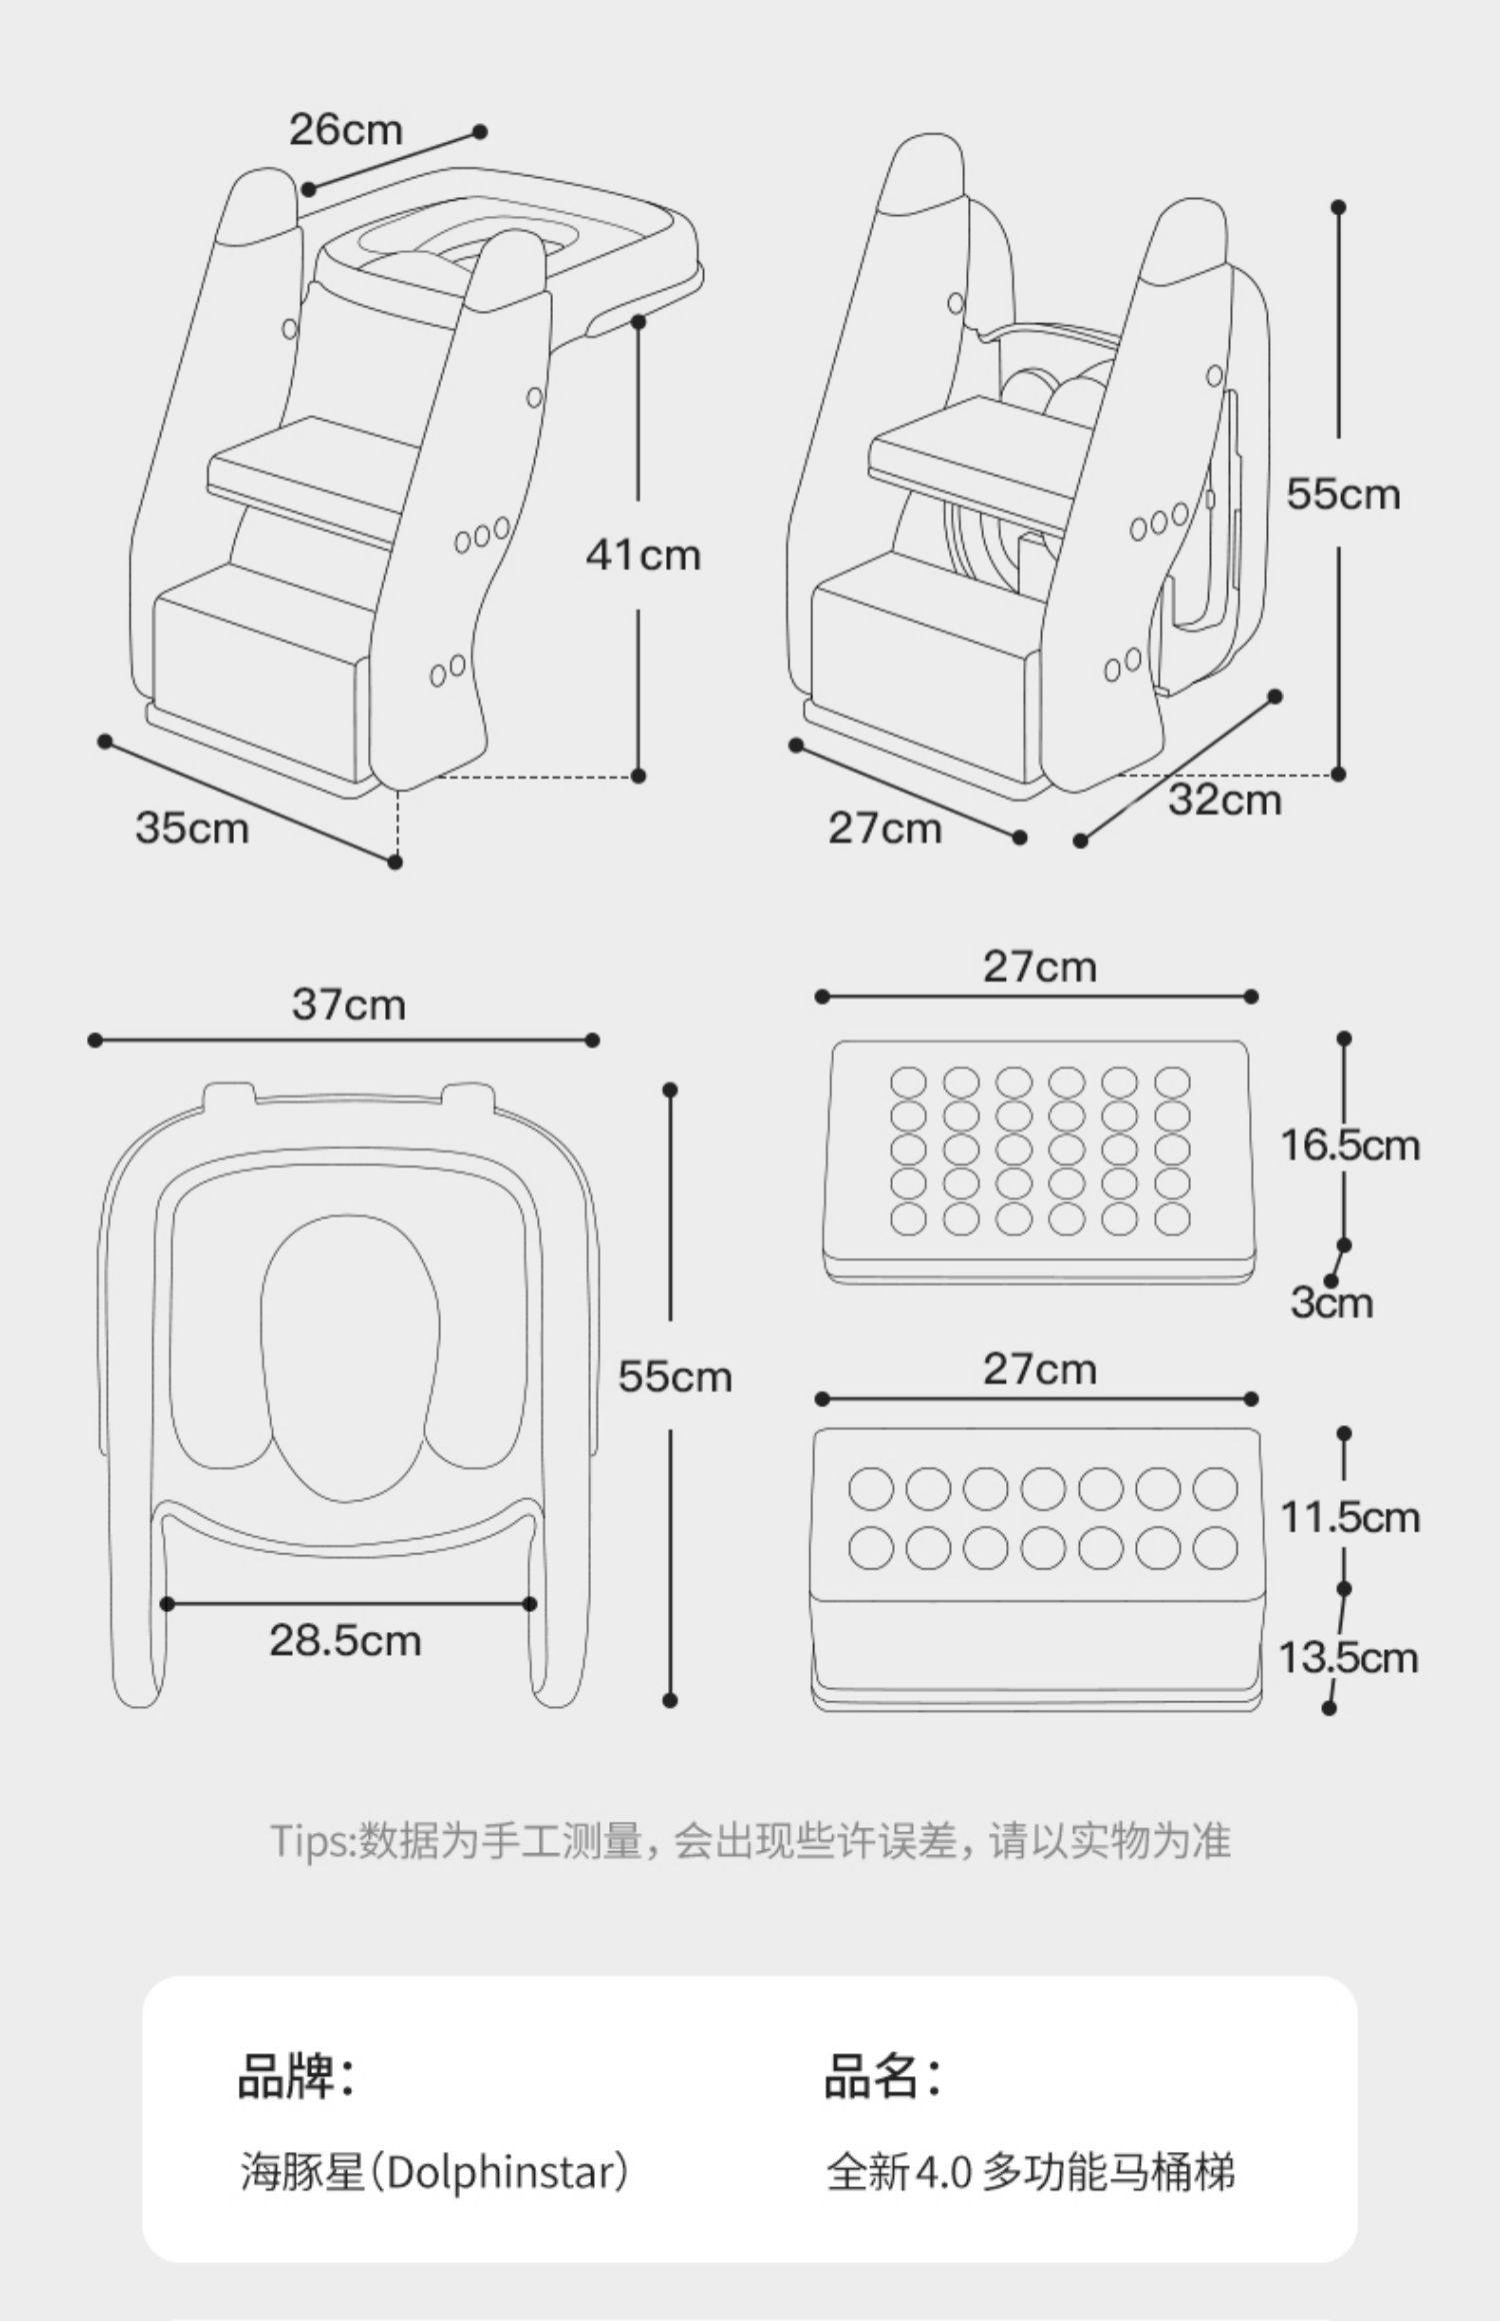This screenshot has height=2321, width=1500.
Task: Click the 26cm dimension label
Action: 345,130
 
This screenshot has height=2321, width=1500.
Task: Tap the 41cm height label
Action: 643,555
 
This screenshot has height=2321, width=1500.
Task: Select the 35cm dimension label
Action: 192,828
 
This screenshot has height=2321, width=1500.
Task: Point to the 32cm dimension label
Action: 1224,800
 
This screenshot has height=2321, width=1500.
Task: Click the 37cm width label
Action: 348,1005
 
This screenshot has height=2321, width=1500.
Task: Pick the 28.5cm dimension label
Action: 345,1640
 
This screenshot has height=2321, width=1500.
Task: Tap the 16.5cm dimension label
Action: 1349,1145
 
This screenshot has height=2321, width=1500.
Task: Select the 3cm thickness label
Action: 1331,1302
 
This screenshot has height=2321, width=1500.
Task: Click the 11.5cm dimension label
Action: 1349,1517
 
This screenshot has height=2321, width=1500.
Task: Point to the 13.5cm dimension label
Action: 1348,1658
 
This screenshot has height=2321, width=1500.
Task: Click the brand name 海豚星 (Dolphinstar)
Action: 435,2172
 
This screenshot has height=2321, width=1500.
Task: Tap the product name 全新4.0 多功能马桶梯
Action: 1030,2172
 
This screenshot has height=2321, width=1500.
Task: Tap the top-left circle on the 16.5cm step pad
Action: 908,1082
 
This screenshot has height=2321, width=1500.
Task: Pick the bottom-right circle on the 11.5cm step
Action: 1215,1549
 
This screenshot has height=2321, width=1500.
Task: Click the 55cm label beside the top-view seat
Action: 675,1377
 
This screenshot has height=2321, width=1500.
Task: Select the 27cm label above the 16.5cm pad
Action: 1039,967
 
